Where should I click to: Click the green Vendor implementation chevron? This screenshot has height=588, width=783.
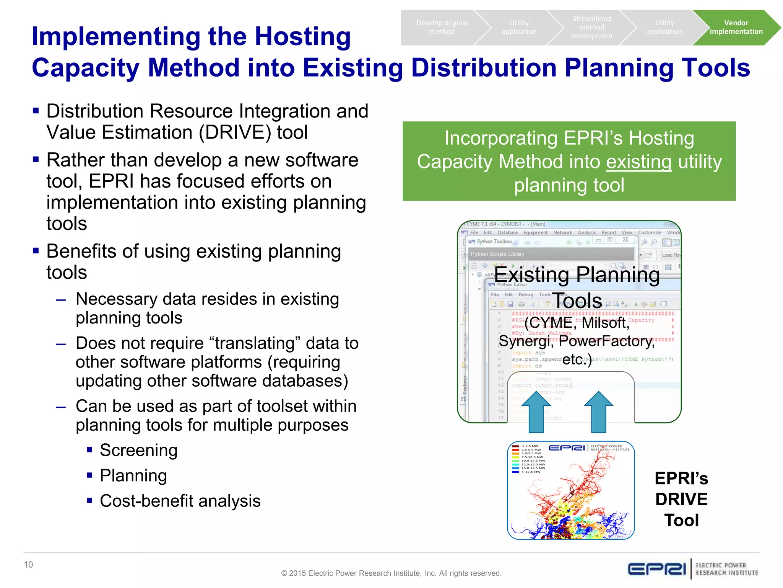pyautogui.click(x=736, y=27)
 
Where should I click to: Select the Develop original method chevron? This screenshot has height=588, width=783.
pyautogui.click(x=442, y=27)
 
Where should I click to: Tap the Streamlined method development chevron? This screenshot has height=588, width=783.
pyautogui.click(x=591, y=27)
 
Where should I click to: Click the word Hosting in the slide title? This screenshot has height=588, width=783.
pyautogui.click(x=302, y=36)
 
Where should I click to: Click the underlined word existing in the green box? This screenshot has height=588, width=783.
pyautogui.click(x=638, y=162)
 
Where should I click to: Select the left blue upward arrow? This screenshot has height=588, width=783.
pyautogui.click(x=536, y=412)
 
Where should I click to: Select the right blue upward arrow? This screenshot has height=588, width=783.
pyautogui.click(x=598, y=412)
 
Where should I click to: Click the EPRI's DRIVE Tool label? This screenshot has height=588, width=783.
pyautogui.click(x=681, y=499)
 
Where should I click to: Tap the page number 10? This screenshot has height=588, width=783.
pyautogui.click(x=28, y=565)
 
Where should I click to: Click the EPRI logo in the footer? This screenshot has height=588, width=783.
pyautogui.click(x=656, y=569)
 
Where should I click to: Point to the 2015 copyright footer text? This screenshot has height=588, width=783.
pyautogui.click(x=391, y=573)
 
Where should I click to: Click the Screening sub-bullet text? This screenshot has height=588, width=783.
pyautogui.click(x=138, y=450)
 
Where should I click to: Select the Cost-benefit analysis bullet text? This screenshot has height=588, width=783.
pyautogui.click(x=180, y=501)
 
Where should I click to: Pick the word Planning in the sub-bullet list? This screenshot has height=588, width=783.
pyautogui.click(x=133, y=475)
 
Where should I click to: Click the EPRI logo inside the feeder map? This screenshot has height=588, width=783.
pyautogui.click(x=567, y=448)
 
